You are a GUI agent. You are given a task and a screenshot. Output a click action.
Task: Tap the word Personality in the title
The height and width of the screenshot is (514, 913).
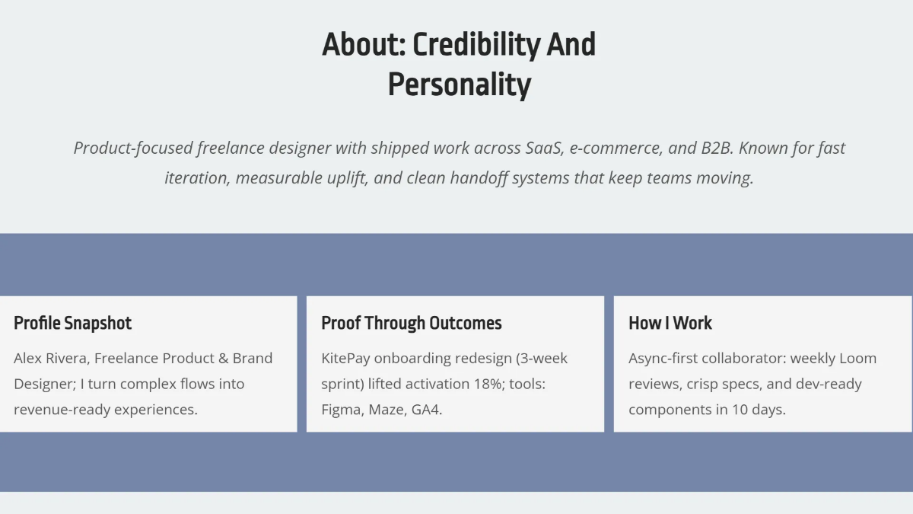459,85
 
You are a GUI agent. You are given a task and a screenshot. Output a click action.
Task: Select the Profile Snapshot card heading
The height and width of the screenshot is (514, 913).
72,323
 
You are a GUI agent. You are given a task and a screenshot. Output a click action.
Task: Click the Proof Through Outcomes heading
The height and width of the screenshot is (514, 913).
411,323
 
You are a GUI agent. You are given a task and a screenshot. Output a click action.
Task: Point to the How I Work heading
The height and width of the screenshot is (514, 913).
670,323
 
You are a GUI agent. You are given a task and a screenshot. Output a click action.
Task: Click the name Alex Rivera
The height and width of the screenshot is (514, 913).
49,358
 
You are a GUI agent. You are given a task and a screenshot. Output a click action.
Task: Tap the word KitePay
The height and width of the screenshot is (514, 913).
345,358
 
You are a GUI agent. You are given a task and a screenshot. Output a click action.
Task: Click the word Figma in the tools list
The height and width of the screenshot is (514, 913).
341,410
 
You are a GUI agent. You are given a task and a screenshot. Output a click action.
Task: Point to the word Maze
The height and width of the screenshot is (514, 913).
386,410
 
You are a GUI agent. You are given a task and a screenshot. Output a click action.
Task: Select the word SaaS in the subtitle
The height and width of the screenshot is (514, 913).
543,148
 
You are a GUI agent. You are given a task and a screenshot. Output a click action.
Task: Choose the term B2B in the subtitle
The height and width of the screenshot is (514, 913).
715,148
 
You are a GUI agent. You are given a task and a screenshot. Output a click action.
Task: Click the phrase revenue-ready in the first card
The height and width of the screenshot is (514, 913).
57,410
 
